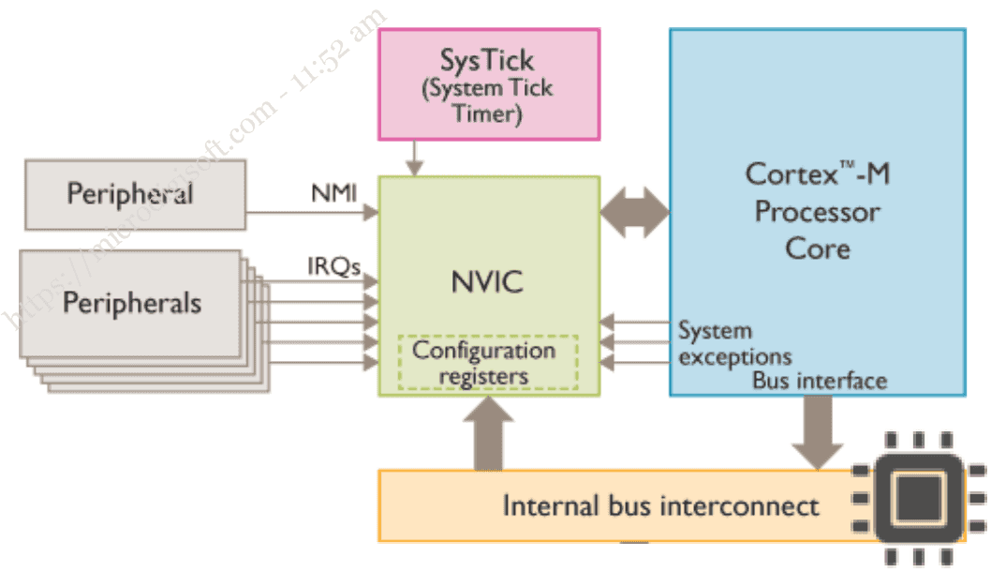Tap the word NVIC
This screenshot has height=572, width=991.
click(x=488, y=282)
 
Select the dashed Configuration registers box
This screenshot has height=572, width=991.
click(x=487, y=363)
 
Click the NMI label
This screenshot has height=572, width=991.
click(x=333, y=194)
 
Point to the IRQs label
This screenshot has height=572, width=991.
click(x=334, y=266)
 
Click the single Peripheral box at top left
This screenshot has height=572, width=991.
click(x=135, y=194)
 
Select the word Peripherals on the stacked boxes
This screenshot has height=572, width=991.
click(x=131, y=304)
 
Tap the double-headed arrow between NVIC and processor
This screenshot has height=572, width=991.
click(x=634, y=213)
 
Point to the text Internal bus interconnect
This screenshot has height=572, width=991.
click(x=660, y=506)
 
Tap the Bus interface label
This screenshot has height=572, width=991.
click(x=819, y=381)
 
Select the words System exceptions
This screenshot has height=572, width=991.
click(x=733, y=344)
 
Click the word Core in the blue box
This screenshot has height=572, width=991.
click(x=817, y=248)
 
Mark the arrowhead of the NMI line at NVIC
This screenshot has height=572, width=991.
click(x=371, y=213)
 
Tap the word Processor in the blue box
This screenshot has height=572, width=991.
click(x=817, y=212)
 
